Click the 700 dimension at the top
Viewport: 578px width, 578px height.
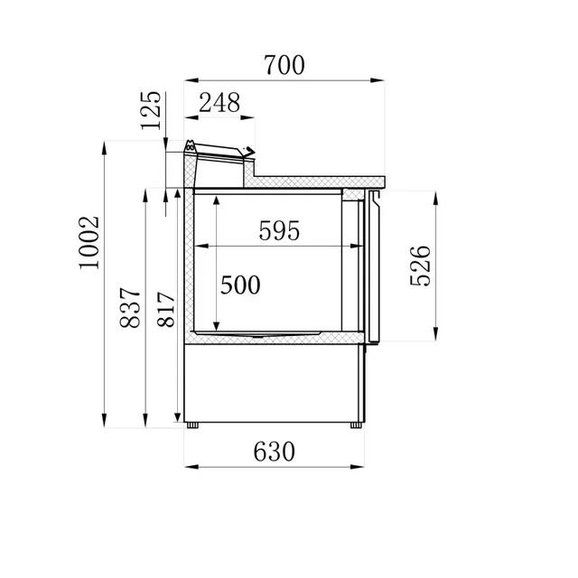(x=284, y=65)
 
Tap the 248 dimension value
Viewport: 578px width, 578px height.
(x=219, y=102)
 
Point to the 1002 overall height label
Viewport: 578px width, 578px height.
(x=89, y=243)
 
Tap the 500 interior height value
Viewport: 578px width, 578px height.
(x=240, y=285)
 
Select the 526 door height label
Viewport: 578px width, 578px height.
(x=422, y=265)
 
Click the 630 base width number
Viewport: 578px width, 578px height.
(x=273, y=452)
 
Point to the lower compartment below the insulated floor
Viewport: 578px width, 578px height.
(x=273, y=384)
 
